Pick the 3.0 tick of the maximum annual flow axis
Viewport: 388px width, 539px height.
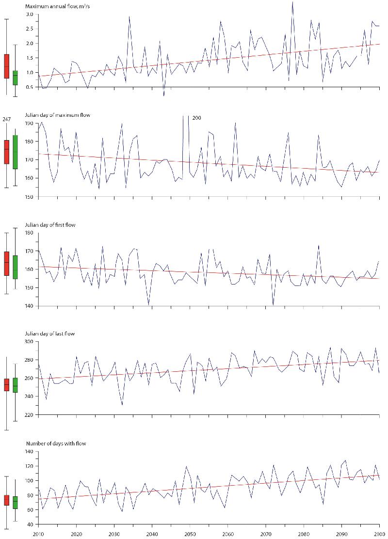pos(30,15)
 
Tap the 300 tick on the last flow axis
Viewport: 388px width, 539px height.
pos(29,342)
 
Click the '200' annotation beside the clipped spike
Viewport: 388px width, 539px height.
pos(196,118)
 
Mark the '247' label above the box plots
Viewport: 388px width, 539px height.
pos(7,118)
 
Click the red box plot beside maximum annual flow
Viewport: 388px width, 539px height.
pos(6,66)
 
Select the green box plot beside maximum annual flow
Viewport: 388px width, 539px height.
pos(16,78)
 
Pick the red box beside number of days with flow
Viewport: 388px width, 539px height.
pos(6,500)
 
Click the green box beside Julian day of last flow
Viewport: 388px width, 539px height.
pos(16,385)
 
